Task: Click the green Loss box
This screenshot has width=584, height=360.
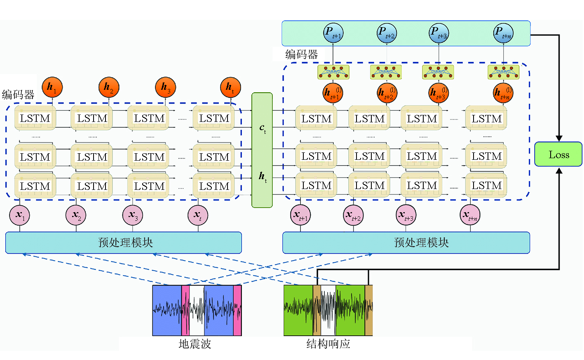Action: (558, 154)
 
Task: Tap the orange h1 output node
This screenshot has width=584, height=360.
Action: (52, 87)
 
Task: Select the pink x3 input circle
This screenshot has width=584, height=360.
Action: (133, 215)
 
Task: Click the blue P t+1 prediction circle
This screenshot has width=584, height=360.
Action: (333, 33)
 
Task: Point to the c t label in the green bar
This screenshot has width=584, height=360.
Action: (263, 129)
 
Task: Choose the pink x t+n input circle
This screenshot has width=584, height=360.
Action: (470, 215)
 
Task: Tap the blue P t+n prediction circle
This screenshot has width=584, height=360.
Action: (503, 33)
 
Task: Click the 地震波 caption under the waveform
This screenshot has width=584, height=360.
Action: (195, 344)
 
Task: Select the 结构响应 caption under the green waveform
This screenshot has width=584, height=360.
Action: (328, 344)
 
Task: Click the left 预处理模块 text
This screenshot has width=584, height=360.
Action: (125, 243)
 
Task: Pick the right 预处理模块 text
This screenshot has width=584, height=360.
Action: (421, 243)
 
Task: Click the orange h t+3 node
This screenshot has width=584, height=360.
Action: (439, 93)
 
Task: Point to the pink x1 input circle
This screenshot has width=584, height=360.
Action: (20, 215)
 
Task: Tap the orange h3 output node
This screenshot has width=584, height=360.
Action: (166, 87)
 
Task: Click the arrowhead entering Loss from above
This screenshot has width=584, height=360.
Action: (559, 138)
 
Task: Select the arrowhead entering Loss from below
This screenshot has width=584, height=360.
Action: (559, 171)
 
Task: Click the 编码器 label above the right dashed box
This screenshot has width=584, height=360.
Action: (302, 54)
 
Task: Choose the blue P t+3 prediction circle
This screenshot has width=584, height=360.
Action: (439, 33)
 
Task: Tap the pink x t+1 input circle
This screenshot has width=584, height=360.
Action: (301, 215)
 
